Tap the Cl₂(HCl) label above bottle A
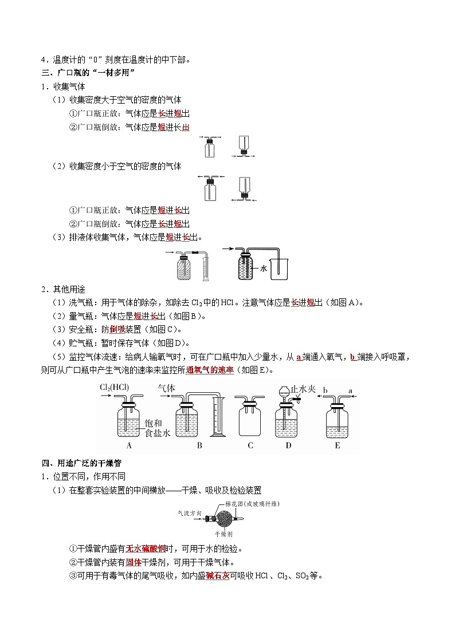coord(113,388)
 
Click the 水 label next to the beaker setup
coord(264,267)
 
